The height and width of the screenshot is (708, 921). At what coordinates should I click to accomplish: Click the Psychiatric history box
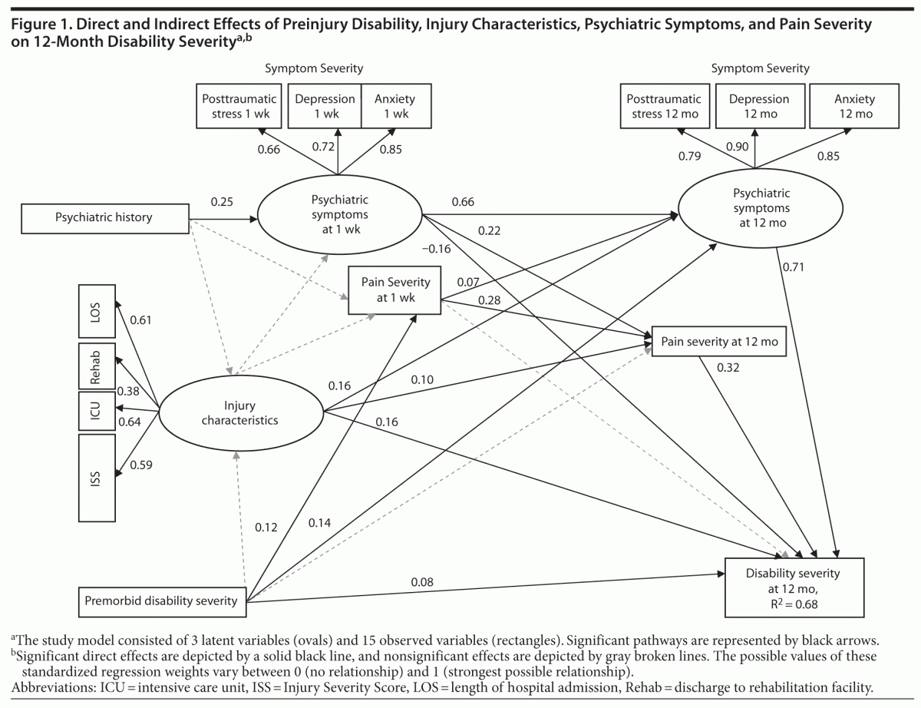click(104, 217)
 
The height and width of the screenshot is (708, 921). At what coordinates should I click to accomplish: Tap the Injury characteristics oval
click(240, 413)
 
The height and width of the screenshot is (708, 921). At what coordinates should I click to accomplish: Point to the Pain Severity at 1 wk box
click(395, 290)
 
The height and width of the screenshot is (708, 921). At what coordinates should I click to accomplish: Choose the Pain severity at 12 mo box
click(719, 342)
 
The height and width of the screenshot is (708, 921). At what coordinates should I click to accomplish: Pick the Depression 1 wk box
click(325, 106)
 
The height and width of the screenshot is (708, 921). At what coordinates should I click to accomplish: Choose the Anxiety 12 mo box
click(854, 106)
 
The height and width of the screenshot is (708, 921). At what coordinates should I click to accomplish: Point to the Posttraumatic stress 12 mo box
click(664, 106)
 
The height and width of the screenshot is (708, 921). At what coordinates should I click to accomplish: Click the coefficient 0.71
click(792, 267)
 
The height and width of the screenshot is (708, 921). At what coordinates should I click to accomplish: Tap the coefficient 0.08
click(421, 582)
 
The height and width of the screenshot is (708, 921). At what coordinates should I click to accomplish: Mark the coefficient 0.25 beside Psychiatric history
click(223, 202)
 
